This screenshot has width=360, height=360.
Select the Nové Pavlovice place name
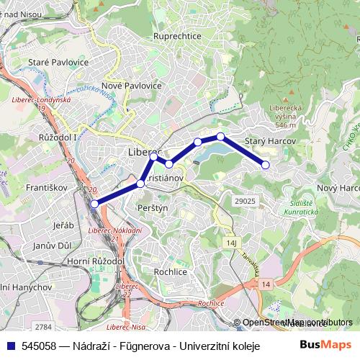132,86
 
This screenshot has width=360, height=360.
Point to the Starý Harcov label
271,141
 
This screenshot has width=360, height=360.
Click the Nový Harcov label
338,188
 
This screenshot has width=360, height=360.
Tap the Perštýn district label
151,207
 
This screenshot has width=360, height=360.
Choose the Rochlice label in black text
170,271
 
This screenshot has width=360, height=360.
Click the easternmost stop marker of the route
266,165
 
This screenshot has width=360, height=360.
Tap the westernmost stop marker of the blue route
95,204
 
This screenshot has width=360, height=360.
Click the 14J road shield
231,244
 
